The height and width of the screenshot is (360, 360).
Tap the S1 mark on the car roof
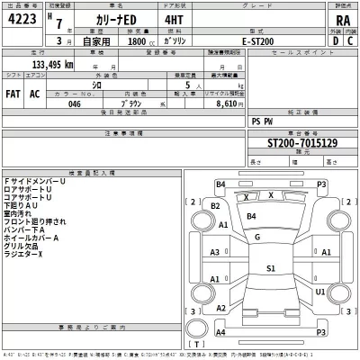tap(270, 268)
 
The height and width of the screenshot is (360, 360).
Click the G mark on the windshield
tap(258, 237)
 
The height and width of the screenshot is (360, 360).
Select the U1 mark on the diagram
tap(321, 292)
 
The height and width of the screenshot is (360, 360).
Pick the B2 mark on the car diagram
tap(215, 205)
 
